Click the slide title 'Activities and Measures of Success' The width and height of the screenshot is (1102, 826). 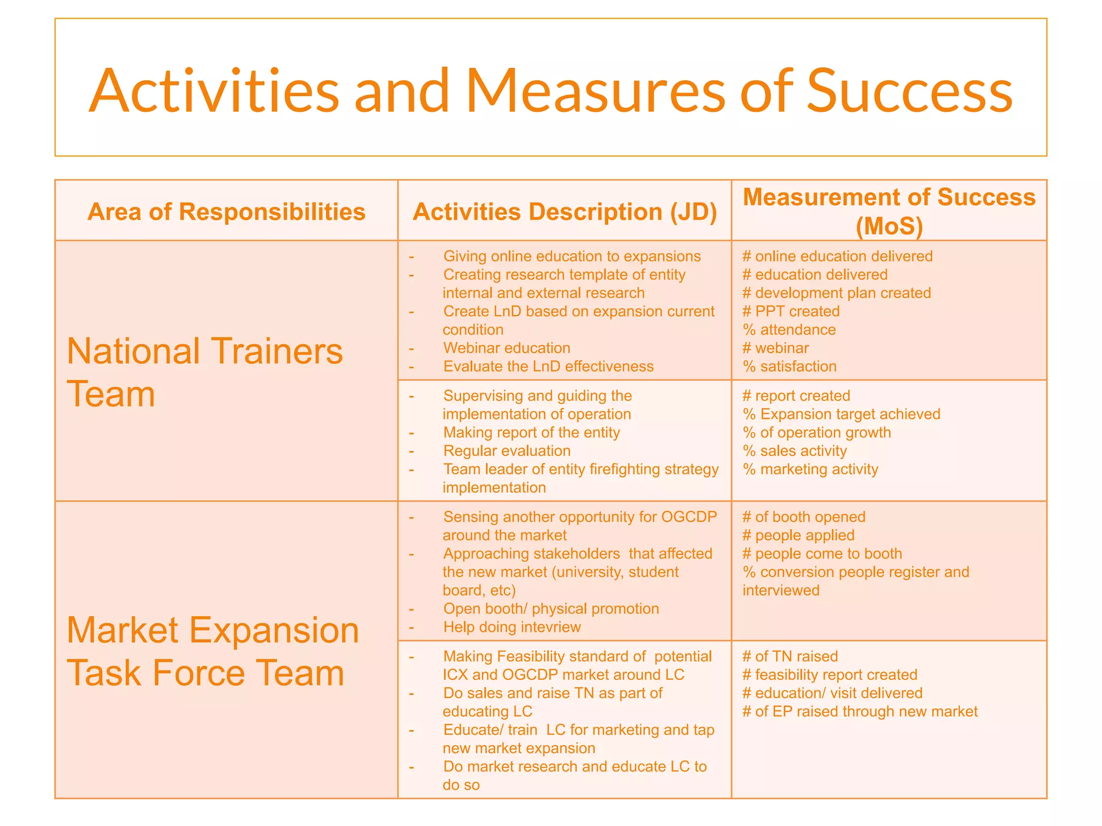[550, 90]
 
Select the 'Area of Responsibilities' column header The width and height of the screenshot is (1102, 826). [227, 212]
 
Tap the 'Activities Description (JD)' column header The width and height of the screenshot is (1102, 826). [564, 212]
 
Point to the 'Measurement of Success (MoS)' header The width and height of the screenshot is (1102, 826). [889, 211]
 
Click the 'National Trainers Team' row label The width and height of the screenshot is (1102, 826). [204, 372]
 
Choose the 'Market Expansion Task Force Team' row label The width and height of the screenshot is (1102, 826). [213, 651]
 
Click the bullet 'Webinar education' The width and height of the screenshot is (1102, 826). [506, 348]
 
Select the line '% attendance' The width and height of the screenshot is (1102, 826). [789, 330]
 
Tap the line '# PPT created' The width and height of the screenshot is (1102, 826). [791, 311]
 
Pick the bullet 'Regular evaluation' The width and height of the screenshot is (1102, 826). [506, 451]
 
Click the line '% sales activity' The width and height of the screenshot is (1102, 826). [795, 451]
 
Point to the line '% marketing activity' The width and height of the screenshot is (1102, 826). [810, 469]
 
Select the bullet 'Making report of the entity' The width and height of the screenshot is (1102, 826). [531, 433]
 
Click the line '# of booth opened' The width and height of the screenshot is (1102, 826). [804, 517]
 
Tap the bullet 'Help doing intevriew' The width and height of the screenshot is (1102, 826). [512, 628]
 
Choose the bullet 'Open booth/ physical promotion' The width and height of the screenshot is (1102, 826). [551, 609]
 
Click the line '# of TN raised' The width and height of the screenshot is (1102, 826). [790, 657]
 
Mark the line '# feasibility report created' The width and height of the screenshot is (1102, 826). [830, 675]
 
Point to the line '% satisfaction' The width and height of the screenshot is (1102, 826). [789, 367]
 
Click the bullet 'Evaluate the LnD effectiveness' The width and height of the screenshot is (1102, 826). [548, 367]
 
